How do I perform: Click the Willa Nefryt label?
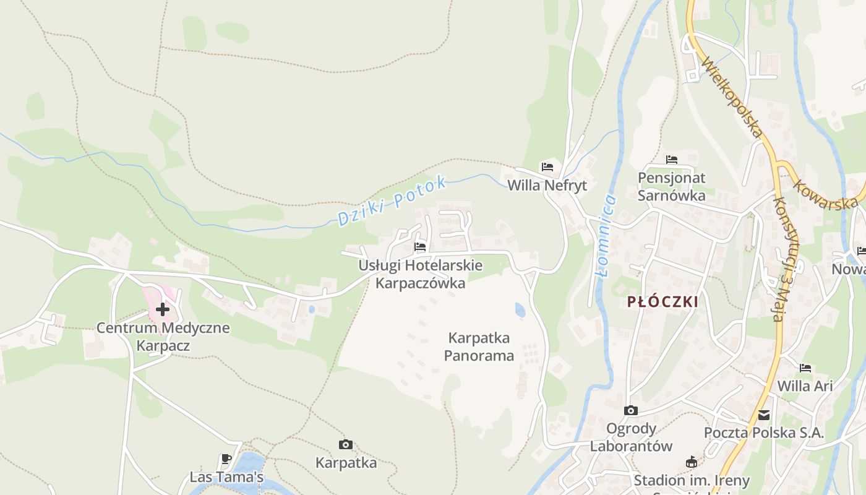pyautogui.click(x=547, y=185)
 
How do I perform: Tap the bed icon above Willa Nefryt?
pyautogui.click(x=547, y=166)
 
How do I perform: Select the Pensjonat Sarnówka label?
pyautogui.click(x=672, y=186)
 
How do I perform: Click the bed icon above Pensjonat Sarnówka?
pyautogui.click(x=672, y=160)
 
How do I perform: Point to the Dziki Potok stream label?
pyautogui.click(x=392, y=200)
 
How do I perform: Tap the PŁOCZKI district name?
pyautogui.click(x=662, y=302)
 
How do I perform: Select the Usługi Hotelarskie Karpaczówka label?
pyautogui.click(x=421, y=274)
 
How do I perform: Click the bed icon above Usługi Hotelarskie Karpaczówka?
pyautogui.click(x=421, y=247)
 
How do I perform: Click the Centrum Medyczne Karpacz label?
pyautogui.click(x=163, y=337)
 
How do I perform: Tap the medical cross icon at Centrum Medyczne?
pyautogui.click(x=163, y=309)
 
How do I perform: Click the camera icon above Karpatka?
pyautogui.click(x=346, y=444)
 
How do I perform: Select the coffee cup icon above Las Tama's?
pyautogui.click(x=226, y=459)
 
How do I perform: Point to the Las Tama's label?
pyautogui.click(x=226, y=477)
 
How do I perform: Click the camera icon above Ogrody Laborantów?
pyautogui.click(x=631, y=410)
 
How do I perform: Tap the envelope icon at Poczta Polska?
pyautogui.click(x=764, y=415)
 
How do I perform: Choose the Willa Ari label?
pyautogui.click(x=805, y=386)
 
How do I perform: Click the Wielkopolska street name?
pyautogui.click(x=732, y=98)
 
